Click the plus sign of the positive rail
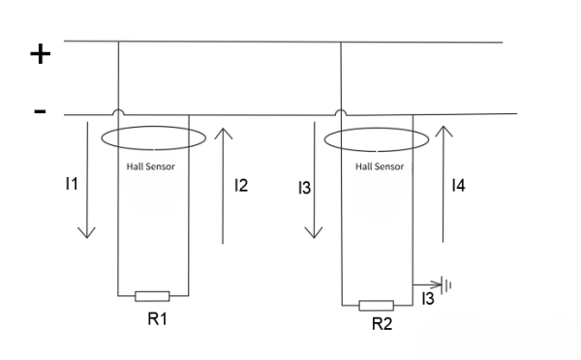click(40, 54)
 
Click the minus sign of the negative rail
click(40, 112)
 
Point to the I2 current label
click(241, 184)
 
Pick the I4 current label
click(458, 185)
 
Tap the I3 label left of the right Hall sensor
click(304, 185)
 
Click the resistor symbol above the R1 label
click(153, 296)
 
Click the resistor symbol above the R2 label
click(376, 306)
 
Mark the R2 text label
click(382, 324)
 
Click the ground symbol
click(447, 285)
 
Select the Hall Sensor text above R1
click(151, 166)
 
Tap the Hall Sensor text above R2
click(379, 166)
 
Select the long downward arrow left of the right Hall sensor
click(314, 184)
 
